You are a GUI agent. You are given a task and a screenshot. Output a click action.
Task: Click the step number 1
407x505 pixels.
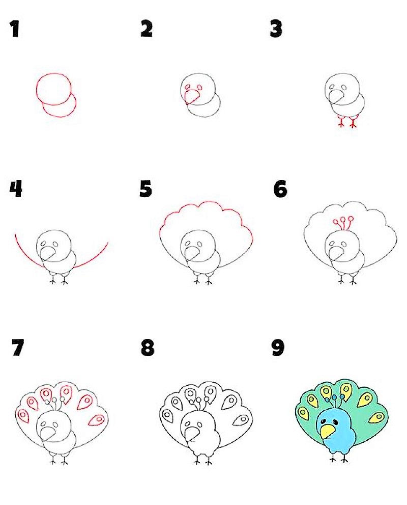click(14, 29)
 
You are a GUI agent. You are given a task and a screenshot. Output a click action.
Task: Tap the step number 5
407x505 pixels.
click(146, 189)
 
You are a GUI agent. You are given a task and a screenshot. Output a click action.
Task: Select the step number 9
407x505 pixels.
click(278, 348)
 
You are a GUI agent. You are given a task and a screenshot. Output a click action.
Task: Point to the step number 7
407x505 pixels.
click(18, 348)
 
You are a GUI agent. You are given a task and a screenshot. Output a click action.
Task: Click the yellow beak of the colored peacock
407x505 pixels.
click(328, 432)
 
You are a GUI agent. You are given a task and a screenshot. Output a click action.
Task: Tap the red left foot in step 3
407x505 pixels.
click(341, 122)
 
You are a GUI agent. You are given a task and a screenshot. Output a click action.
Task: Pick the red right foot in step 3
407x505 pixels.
click(353, 122)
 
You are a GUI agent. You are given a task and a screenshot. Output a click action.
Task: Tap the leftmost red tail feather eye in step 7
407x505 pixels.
click(23, 415)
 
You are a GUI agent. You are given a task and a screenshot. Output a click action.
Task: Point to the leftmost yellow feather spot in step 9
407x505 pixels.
click(303, 413)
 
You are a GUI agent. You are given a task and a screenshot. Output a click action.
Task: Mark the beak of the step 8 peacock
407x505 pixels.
click(192, 434)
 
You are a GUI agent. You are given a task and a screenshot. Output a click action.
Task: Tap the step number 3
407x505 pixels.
click(276, 29)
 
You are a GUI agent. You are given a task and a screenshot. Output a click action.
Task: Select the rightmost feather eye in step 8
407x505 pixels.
click(241, 420)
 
